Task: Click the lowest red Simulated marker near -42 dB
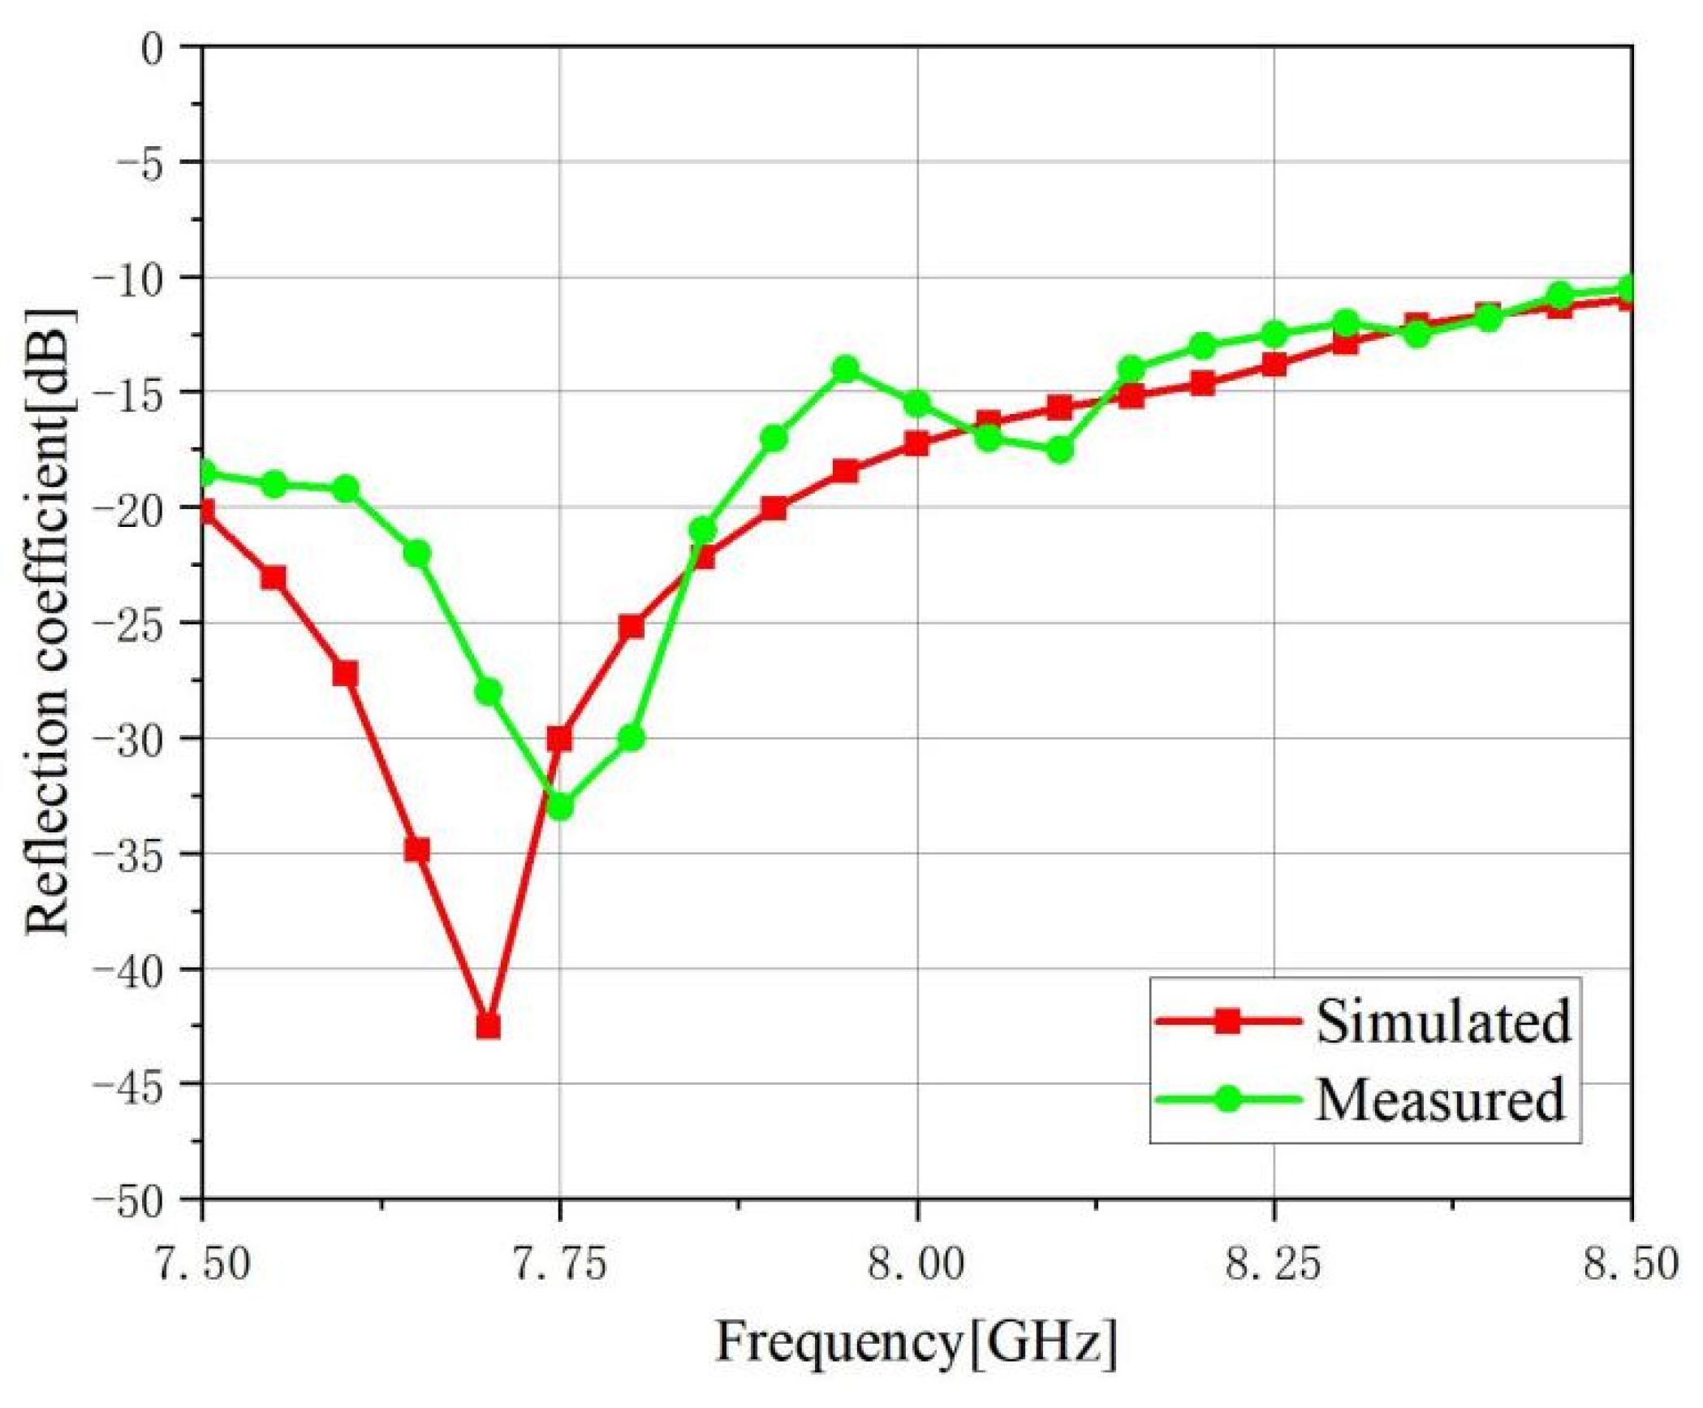[488, 1026]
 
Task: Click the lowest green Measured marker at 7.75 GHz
[560, 806]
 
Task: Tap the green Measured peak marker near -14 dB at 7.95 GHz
[846, 369]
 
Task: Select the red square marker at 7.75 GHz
[559, 738]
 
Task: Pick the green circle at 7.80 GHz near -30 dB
[632, 738]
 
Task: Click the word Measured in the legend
[1439, 1099]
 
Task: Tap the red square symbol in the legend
[1229, 1021]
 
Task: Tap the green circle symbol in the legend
[1229, 1099]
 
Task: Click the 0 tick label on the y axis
[152, 49]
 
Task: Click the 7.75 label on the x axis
[559, 1265]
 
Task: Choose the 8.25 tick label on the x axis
[1274, 1265]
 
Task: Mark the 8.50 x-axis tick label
[1630, 1265]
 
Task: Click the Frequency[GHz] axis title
[916, 1341]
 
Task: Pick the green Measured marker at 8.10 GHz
[1060, 449]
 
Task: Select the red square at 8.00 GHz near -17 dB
[917, 443]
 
